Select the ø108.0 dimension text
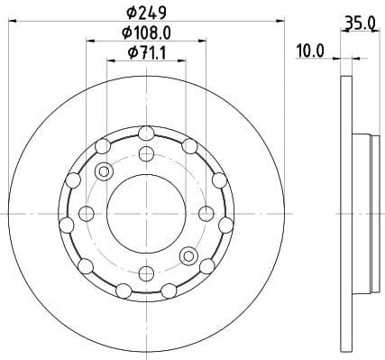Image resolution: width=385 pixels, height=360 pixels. pos(147,32)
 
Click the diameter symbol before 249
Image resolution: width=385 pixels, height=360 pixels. pos(131,13)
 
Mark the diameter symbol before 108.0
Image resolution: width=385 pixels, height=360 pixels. pos(127,32)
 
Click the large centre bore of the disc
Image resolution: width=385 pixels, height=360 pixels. pos(146,213)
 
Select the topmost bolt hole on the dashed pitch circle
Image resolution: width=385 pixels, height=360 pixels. pos(146,153)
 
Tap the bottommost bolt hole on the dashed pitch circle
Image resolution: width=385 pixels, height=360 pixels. pos(146,272)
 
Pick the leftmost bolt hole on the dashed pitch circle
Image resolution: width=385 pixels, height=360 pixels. pos(87,213)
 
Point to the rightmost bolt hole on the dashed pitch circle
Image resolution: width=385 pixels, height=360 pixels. pos(206,213)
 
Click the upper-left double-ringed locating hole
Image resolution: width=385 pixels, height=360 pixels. pos(104,171)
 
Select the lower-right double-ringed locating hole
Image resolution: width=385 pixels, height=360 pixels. pos(188,254)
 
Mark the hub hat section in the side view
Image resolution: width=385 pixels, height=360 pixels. pos(362,213)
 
